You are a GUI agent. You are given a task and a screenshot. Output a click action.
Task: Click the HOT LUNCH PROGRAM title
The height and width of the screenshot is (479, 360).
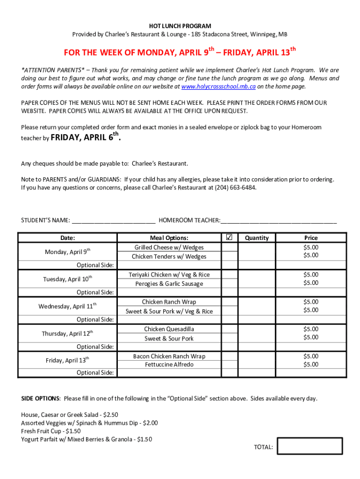click(180, 26)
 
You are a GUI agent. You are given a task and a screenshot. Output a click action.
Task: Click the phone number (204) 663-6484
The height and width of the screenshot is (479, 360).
click(235, 188)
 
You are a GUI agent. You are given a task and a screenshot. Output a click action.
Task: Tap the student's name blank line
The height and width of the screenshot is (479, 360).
click(114, 221)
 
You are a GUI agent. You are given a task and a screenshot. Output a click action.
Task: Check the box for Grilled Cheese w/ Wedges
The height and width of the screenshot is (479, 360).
click(229, 247)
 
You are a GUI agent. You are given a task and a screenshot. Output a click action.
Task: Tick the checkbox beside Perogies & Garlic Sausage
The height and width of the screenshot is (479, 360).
click(229, 283)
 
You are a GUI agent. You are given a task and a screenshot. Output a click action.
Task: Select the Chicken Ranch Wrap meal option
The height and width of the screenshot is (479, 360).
click(169, 302)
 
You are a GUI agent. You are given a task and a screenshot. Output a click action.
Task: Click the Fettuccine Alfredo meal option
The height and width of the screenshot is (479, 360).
click(169, 365)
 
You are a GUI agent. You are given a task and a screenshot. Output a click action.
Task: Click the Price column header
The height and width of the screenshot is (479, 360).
click(311, 238)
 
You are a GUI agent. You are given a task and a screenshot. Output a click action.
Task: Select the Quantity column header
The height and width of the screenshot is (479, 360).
click(257, 238)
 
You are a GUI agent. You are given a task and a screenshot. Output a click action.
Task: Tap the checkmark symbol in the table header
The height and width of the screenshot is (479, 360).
click(229, 237)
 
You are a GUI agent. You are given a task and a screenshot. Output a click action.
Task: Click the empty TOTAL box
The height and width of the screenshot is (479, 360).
click(310, 446)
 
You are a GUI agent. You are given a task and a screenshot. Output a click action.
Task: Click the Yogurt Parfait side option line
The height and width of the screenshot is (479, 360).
click(86, 439)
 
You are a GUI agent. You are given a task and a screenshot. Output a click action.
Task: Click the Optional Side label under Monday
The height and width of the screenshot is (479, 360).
click(95, 265)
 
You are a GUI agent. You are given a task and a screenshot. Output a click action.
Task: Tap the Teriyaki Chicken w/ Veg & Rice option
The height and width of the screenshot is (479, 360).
click(169, 275)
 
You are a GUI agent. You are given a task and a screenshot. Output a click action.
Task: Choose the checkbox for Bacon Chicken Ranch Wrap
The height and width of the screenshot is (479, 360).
click(229, 356)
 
